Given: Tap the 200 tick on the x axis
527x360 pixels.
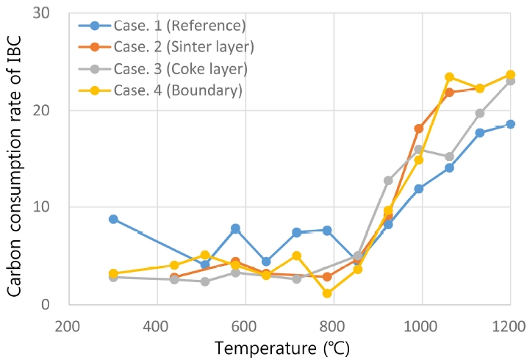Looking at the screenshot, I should tap(68, 321).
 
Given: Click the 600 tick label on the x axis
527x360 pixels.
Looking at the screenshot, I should tap(245, 321).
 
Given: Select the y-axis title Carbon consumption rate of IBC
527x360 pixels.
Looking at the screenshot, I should tap(15, 159).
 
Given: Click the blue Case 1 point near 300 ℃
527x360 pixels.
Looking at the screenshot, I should tap(113, 219).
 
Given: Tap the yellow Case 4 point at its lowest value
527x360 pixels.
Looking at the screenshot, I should tap(327, 293).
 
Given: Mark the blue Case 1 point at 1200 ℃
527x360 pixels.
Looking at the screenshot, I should tap(510, 124).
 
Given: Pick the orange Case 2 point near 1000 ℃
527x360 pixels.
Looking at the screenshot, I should tap(419, 129).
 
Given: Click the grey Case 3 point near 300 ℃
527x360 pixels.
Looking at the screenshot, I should tap(113, 277).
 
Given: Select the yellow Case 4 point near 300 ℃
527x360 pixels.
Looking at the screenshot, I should tap(113, 273).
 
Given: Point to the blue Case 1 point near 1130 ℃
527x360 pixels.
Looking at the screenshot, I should tap(479, 133).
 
